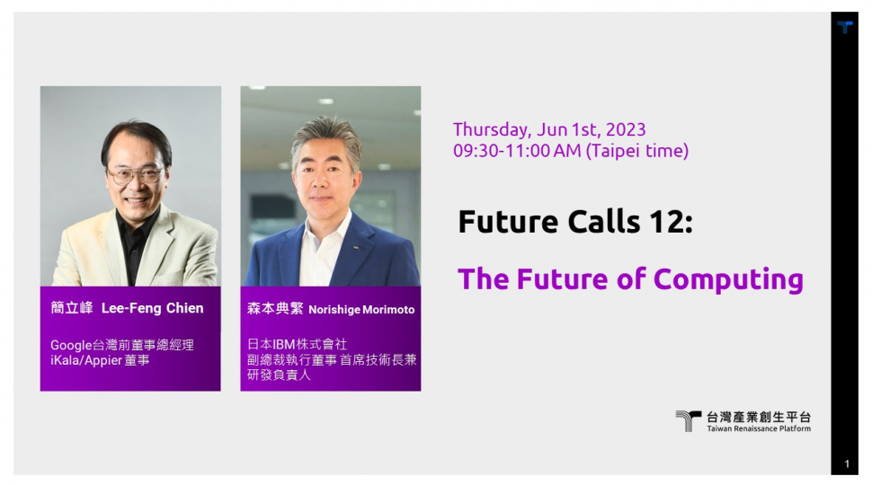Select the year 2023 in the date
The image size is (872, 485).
click(x=626, y=129)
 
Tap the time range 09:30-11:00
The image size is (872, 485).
click(x=517, y=151)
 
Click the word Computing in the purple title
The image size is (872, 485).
click(x=728, y=279)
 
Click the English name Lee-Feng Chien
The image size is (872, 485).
click(x=153, y=309)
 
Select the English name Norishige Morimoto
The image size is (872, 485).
click(x=361, y=310)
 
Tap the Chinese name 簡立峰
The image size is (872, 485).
click(x=72, y=308)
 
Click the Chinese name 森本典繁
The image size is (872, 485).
click(x=275, y=309)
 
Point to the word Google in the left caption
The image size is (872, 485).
click(x=71, y=346)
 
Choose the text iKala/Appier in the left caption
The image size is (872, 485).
click(x=86, y=360)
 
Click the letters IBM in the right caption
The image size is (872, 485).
click(x=283, y=345)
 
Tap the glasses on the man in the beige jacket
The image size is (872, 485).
click(x=135, y=175)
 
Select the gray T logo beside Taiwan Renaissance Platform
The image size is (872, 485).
click(x=688, y=420)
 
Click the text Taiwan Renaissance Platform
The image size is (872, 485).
click(x=759, y=429)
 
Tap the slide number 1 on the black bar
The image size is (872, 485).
click(x=847, y=463)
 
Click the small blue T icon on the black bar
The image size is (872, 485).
click(x=845, y=27)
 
